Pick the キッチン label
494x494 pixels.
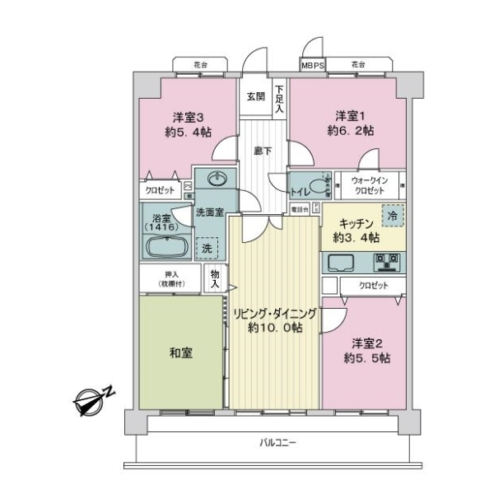(x=356, y=223)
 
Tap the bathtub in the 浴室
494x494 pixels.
(x=168, y=247)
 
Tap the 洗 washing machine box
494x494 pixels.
(x=207, y=248)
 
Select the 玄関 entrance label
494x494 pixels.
(x=255, y=96)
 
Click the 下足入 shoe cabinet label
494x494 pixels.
(x=280, y=99)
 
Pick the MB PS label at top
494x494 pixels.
(x=313, y=64)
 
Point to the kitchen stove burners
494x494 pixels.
(x=385, y=263)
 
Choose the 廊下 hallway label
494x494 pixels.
(x=263, y=151)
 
